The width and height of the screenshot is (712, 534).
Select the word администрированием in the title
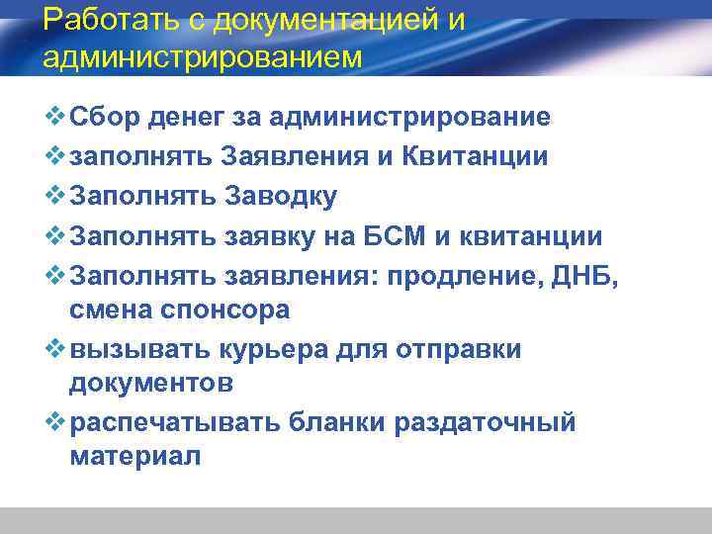tap(203, 55)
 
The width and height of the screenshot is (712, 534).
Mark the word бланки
tap(334, 422)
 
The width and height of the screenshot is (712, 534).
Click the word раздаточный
tap(485, 422)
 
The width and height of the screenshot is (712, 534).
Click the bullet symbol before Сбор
tap(53, 118)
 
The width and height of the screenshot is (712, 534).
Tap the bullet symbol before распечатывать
tap(53, 422)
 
